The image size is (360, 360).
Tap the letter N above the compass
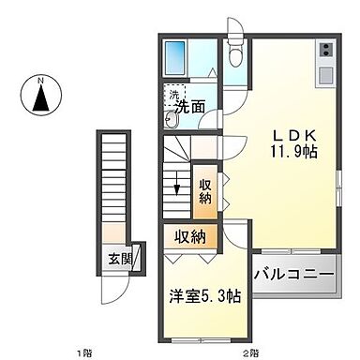click(40, 81)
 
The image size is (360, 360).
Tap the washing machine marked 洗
click(173, 96)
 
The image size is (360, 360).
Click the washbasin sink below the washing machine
click(173, 119)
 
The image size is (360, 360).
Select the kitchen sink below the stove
click(325, 72)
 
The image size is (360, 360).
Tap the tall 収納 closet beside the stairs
click(205, 191)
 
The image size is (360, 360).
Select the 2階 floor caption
click(249, 352)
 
